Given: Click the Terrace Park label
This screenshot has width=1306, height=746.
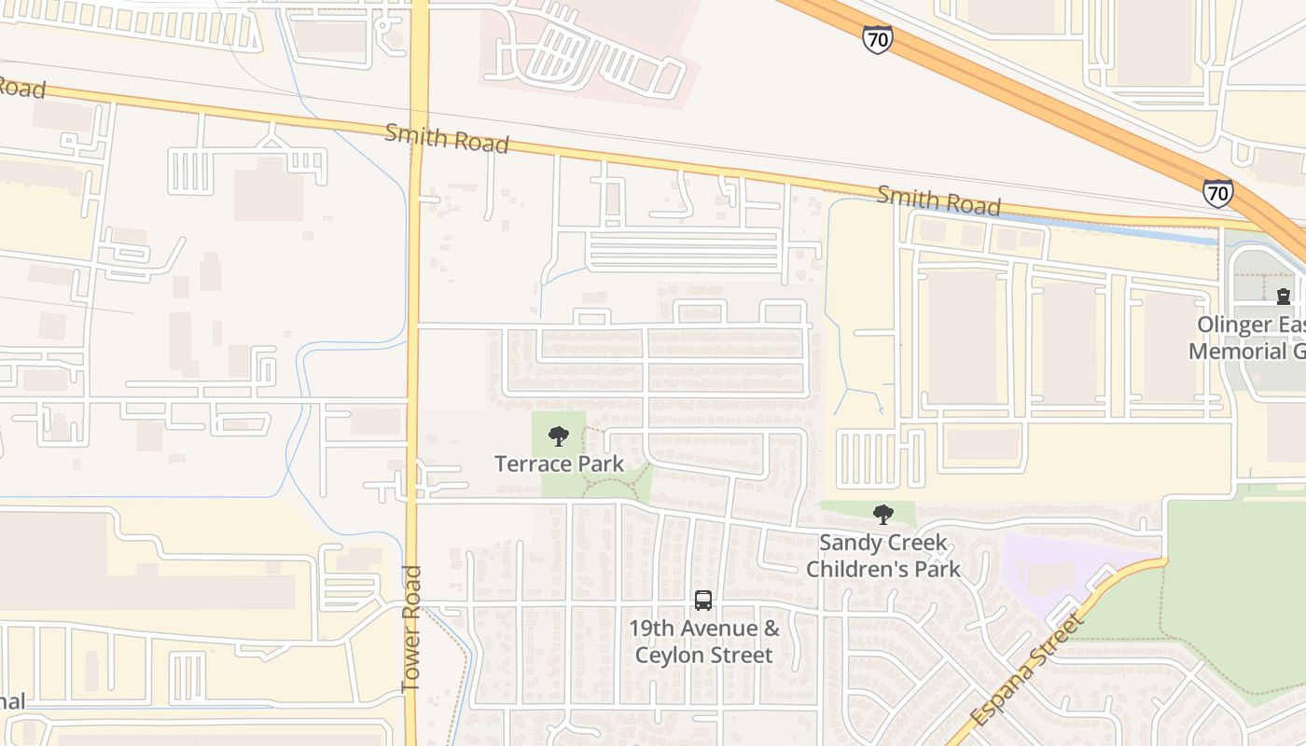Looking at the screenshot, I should tap(559, 463).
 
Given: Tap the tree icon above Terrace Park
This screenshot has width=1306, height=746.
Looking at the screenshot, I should tap(558, 435).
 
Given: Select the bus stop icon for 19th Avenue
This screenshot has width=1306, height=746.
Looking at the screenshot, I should tap(703, 601).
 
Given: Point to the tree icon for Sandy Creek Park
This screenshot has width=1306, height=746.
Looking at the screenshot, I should tap(882, 514).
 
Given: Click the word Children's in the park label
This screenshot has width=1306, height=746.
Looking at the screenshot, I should tap(882, 569).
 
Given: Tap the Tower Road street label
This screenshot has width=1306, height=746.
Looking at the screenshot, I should tap(411, 629).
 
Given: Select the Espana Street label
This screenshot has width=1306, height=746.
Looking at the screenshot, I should tap(1026, 669).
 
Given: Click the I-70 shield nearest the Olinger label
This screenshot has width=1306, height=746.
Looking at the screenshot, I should tap(1217, 193).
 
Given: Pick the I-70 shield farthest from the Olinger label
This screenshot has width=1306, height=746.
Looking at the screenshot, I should tap(877, 39).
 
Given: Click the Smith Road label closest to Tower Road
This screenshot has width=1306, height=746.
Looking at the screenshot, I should tap(447, 139).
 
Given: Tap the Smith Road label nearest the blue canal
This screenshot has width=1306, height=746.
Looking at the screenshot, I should tap(938, 200).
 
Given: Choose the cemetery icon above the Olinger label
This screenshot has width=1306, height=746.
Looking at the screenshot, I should tap(1284, 297).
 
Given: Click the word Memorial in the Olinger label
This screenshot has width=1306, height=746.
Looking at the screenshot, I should tap(1237, 352).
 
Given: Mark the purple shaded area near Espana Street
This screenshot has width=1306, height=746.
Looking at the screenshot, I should tap(1054, 569).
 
